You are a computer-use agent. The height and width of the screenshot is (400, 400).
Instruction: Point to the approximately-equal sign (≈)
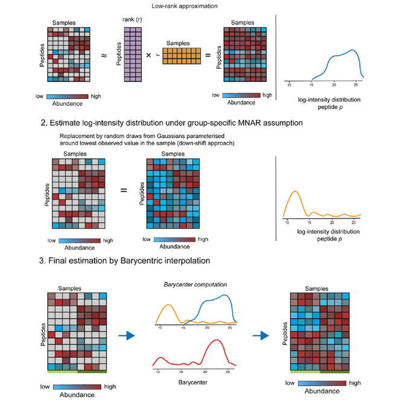(x=104, y=56)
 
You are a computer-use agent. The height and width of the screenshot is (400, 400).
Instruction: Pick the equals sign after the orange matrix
(x=208, y=56)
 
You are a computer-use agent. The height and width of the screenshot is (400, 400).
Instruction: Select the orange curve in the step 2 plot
(x=296, y=194)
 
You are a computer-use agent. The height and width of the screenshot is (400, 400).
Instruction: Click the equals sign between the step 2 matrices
(x=123, y=191)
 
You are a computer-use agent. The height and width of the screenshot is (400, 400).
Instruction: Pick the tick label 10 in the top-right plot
(x=289, y=83)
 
